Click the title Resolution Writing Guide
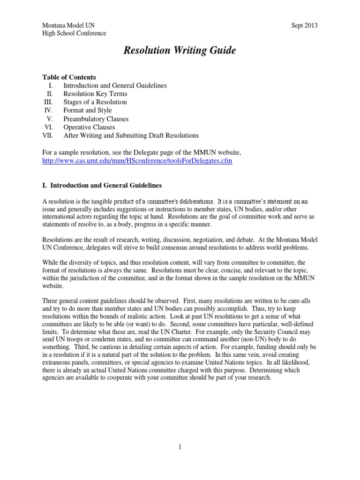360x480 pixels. (180, 51)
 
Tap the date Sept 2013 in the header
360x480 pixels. (304, 25)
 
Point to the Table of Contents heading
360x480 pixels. (69, 77)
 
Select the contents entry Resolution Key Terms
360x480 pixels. (96, 94)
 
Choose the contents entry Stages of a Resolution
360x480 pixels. (95, 102)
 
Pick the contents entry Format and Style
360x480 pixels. (88, 111)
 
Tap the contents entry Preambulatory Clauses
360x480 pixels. (96, 119)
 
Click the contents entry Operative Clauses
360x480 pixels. (89, 127)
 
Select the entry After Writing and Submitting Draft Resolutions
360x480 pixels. (131, 135)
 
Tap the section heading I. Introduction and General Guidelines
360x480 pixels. (103, 186)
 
